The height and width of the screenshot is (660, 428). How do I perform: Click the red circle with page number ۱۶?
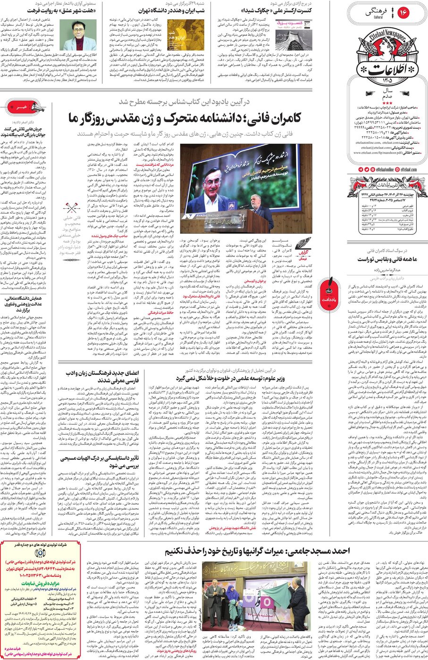click(403, 13)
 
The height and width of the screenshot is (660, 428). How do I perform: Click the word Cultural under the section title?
click(378, 17)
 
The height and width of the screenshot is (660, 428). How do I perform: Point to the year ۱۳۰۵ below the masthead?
click(387, 82)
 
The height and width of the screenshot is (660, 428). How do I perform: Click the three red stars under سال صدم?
click(387, 103)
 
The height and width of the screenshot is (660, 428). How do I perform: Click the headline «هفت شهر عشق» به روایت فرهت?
click(62, 10)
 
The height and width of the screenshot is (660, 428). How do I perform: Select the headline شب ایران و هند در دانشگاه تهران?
click(172, 10)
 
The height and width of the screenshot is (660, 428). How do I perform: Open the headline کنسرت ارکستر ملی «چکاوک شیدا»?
click(276, 10)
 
